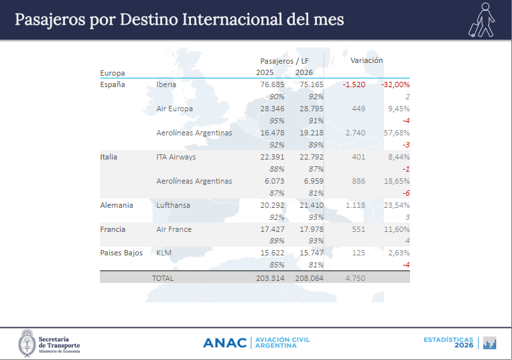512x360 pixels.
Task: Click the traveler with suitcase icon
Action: coord(482,20)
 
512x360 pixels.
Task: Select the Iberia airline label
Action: coord(167,84)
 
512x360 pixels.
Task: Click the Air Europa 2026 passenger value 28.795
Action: coord(310,109)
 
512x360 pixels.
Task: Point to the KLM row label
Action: coord(164,253)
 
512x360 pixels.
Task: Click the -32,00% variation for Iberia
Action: coord(395,84)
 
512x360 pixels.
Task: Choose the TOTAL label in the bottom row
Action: coord(162,278)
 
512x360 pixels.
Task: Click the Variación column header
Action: coord(367,60)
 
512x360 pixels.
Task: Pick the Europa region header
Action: coord(113,73)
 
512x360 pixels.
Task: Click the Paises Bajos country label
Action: coord(121,253)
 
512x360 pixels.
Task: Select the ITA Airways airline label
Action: coord(176,157)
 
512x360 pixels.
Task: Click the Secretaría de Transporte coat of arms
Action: coord(27,343)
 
